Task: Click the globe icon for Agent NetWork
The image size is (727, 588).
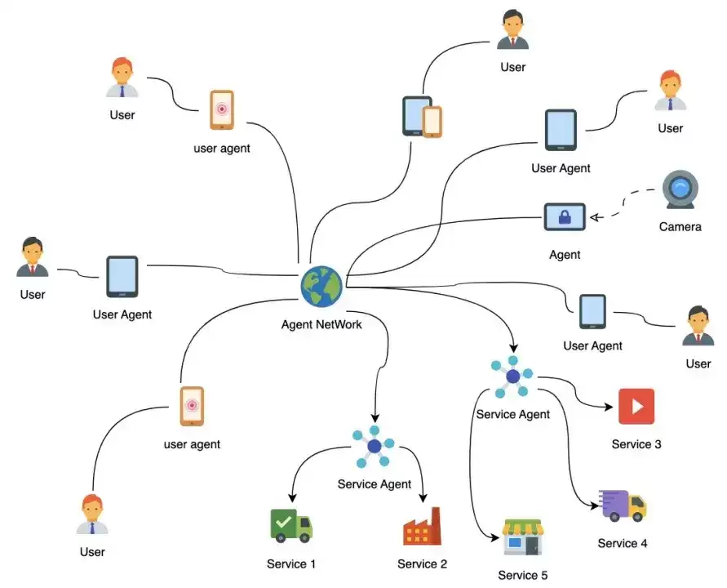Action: coord(321,287)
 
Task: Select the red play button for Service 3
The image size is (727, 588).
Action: coord(636,406)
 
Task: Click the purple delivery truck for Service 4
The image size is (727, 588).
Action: coord(622,506)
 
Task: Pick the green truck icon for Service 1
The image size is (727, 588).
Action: coord(291,526)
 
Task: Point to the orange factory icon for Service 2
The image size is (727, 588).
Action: coord(422,526)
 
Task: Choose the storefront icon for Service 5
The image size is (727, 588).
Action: coord(522,537)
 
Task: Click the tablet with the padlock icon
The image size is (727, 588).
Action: coord(565,216)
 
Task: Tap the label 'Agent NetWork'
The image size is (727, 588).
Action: coord(321,324)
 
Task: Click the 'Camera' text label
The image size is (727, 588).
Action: coord(680,226)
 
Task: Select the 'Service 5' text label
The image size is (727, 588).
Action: coord(522,575)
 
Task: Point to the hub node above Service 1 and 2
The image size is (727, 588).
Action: coord(374,447)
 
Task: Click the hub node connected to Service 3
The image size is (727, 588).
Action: coord(512,376)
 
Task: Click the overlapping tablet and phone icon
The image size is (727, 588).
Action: coord(422,117)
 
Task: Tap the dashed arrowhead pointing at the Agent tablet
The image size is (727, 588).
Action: coord(596,217)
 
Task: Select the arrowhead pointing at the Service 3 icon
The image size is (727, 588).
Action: coord(609,407)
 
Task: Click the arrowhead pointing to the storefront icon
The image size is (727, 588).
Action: coord(494,537)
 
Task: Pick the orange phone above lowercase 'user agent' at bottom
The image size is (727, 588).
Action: coord(192,406)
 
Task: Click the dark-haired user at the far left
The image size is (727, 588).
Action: coord(32,257)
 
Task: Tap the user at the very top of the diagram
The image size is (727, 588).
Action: coord(512,29)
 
